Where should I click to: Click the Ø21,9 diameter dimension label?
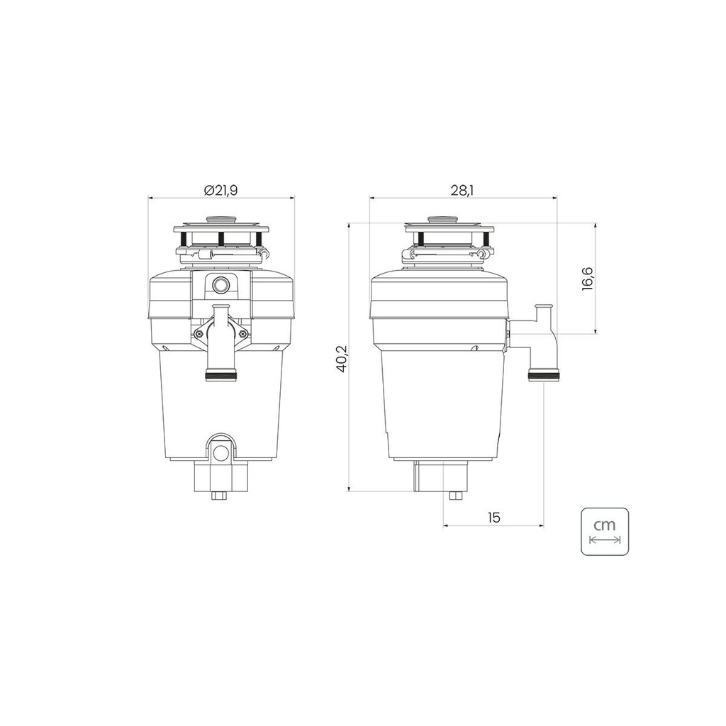pos(221,190)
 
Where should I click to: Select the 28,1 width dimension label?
pos(463,190)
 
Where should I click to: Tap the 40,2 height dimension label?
pos(342,357)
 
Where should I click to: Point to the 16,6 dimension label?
pos(588,278)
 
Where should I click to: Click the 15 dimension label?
pos(494,517)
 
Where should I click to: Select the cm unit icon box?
pos(605,531)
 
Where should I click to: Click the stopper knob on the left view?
pos(221,219)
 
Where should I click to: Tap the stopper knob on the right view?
pos(443,219)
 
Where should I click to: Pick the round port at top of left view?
pos(221,285)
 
